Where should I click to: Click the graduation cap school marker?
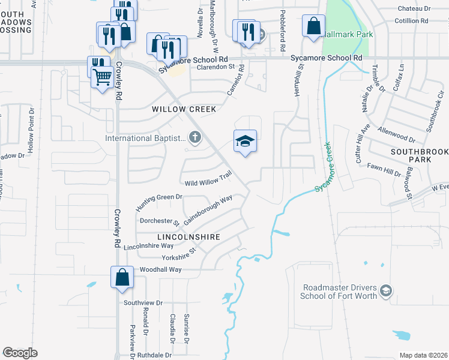[x=245, y=142]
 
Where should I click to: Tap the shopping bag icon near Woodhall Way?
[x=122, y=278]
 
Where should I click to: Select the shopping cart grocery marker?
[x=103, y=77]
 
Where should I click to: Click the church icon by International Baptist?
[x=194, y=138]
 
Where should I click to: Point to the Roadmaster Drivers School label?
[x=340, y=292]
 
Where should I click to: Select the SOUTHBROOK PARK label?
[x=419, y=157]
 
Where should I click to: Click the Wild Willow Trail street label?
[x=208, y=178]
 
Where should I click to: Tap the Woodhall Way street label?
[x=160, y=270]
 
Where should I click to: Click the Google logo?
[x=20, y=353]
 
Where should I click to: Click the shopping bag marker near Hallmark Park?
[x=313, y=26]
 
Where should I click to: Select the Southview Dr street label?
[x=143, y=303]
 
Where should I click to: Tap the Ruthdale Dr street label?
[x=155, y=354]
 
